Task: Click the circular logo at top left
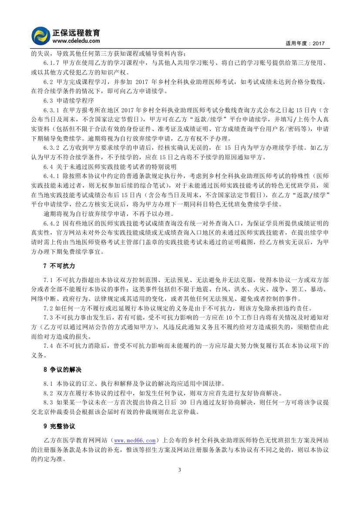coord(41,36)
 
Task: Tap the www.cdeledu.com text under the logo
coord(73,41)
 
